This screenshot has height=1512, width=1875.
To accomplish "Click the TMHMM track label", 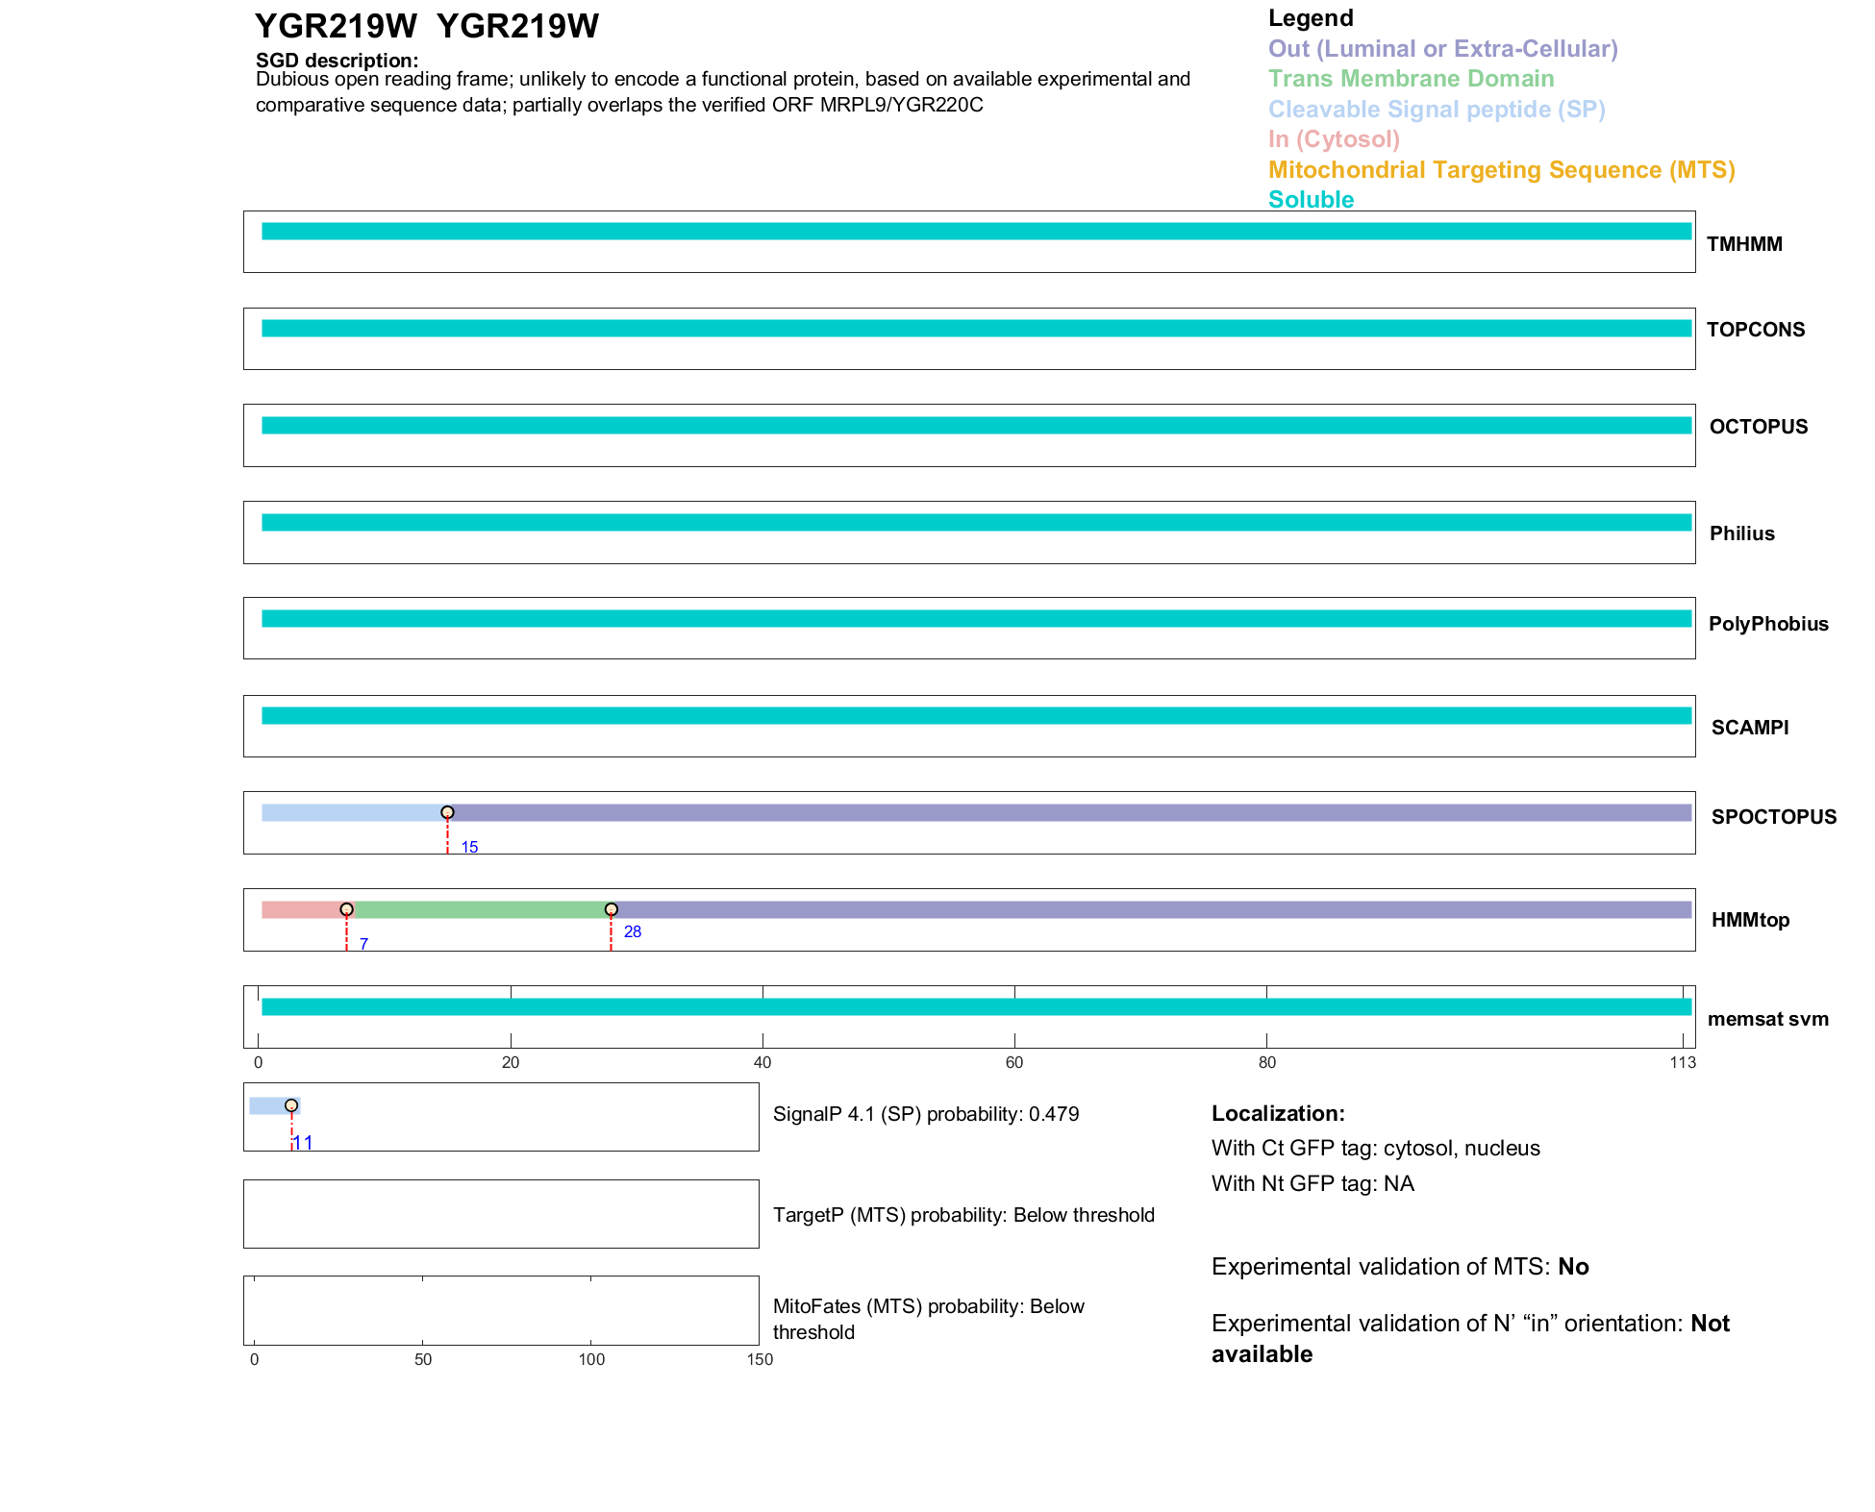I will (x=1743, y=244).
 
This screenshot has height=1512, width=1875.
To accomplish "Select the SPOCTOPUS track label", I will (x=1773, y=817).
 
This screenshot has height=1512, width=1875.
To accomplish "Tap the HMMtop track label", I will (x=1750, y=920).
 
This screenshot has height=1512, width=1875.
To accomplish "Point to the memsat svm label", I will (x=1767, y=1019).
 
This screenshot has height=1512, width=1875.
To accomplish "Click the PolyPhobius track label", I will (x=1767, y=624).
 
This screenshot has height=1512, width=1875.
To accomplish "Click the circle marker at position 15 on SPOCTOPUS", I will (x=447, y=813).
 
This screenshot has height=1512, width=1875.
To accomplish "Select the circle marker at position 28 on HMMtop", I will (x=611, y=909).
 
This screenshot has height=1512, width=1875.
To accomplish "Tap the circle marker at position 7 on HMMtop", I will (x=346, y=909).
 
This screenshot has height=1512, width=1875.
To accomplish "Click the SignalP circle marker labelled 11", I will (x=291, y=1105).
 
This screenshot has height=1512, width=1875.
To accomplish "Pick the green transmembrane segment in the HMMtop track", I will (x=481, y=910).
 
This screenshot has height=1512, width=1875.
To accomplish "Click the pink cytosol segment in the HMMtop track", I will (x=303, y=910).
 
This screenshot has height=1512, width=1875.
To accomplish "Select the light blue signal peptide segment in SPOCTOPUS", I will (x=351, y=813).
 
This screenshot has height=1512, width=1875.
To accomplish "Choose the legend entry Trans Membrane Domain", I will (x=1411, y=79).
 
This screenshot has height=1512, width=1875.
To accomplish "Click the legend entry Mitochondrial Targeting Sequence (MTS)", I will (x=1501, y=170).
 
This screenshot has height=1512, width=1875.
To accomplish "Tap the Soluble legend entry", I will (x=1311, y=200).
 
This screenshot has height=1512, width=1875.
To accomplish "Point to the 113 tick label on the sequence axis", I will (x=1683, y=1062).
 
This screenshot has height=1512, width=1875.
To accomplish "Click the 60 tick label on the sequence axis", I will (x=1014, y=1062).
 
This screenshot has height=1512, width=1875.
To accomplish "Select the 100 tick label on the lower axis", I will (x=591, y=1359).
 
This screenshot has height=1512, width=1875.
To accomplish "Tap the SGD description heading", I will (x=337, y=61).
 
